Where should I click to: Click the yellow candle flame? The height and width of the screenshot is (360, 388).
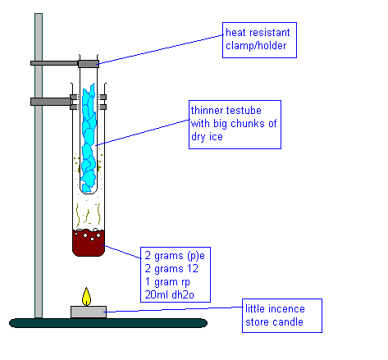click(x=86, y=297)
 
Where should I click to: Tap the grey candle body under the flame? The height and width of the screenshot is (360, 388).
click(x=89, y=312)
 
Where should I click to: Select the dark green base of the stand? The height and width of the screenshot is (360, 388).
click(x=108, y=323)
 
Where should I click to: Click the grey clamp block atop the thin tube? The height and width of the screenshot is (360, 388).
click(x=89, y=64)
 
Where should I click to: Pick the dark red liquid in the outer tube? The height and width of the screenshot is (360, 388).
click(x=89, y=243)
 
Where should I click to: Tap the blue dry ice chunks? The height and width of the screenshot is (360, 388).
click(x=89, y=138)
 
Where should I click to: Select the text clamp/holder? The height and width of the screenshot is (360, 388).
click(x=256, y=46)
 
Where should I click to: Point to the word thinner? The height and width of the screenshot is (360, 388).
click(x=207, y=111)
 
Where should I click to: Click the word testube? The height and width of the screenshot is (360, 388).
click(x=244, y=111)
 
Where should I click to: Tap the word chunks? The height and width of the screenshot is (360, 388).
click(x=248, y=124)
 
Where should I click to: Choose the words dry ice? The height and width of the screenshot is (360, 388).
click(x=207, y=137)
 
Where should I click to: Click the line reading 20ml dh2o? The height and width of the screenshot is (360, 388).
click(x=169, y=294)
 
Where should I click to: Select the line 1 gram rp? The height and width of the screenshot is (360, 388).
click(x=167, y=282)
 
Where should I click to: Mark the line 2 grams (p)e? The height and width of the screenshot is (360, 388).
click(x=175, y=256)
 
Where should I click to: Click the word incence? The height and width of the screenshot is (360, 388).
click(x=286, y=309)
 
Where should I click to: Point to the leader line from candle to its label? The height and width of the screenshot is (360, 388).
click(x=174, y=309)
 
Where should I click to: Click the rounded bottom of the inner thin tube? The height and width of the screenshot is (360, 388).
click(x=89, y=190)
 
